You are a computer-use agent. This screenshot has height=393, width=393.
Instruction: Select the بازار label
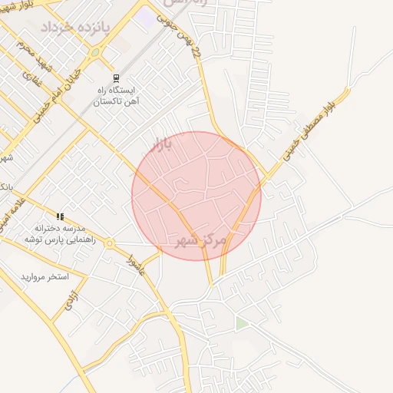coord(162,142)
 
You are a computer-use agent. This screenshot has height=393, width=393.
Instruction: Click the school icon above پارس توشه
coord(60,216)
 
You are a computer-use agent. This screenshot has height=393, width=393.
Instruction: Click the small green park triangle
coord(242,324)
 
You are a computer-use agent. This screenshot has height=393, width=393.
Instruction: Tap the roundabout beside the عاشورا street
coord(111,243)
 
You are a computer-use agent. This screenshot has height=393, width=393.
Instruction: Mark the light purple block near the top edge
coord(145,15)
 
